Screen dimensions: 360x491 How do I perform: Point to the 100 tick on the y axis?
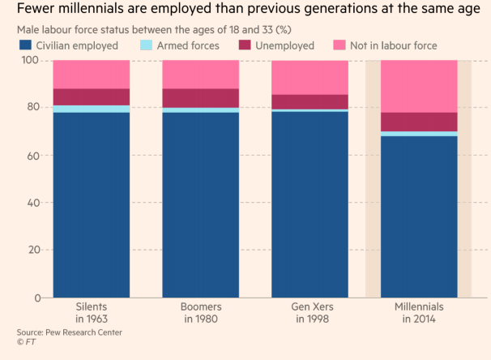tap(31, 61)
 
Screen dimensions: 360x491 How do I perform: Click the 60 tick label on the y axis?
tap(33, 155)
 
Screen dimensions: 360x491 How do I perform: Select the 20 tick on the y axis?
tap(33, 250)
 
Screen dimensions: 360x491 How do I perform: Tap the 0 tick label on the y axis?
tap(37, 298)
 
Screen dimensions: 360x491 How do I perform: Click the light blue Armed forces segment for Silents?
tap(91, 109)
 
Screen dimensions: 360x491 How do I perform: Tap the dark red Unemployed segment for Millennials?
tap(419, 122)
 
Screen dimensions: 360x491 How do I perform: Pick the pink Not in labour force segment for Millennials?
tap(419, 86)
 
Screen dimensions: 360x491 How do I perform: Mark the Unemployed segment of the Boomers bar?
tap(200, 98)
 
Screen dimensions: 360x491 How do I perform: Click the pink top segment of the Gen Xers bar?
tap(310, 78)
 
